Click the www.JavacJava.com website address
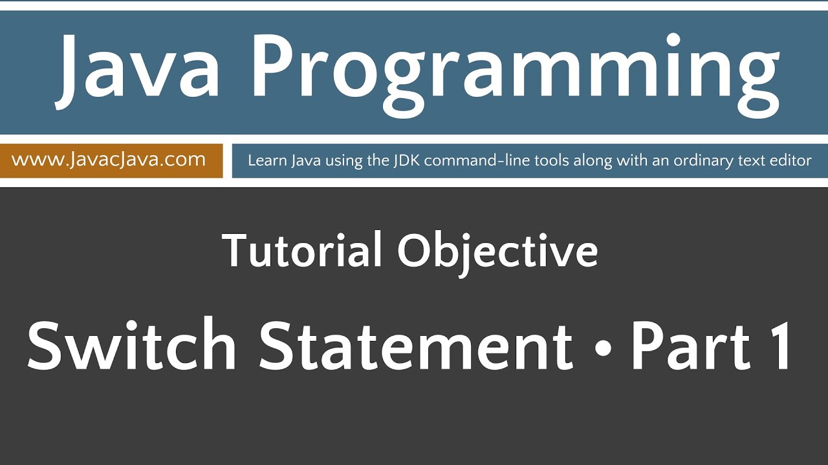(x=109, y=160)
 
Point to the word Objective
(x=497, y=252)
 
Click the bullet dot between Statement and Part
(x=602, y=349)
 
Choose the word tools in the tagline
(x=527, y=160)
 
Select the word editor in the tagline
(x=791, y=160)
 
